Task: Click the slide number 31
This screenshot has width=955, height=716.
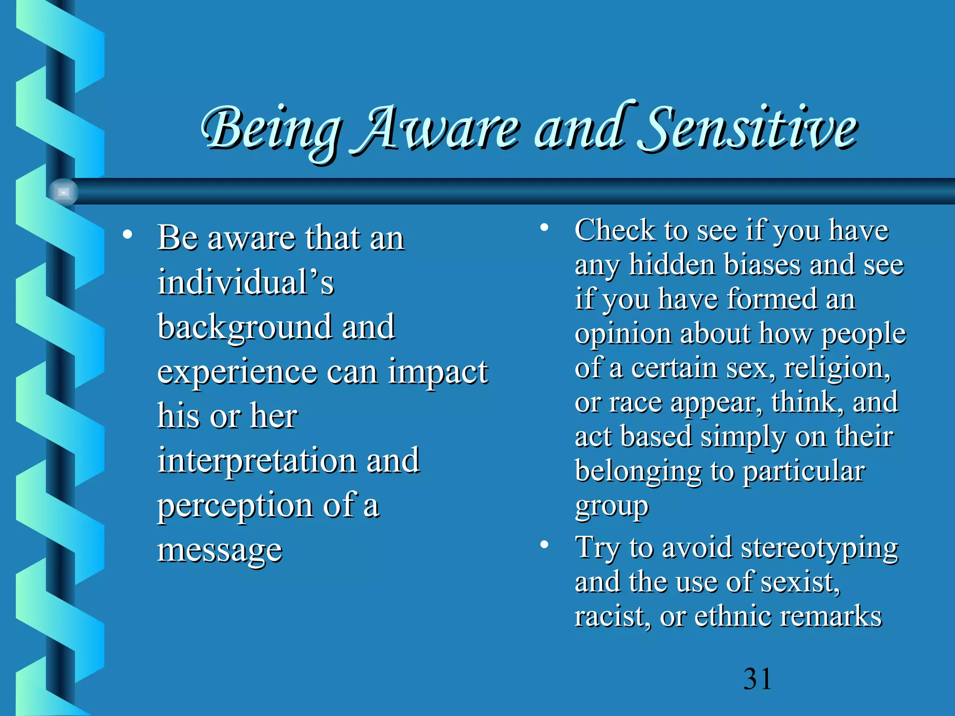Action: (x=757, y=679)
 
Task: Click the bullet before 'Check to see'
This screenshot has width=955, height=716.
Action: (x=544, y=227)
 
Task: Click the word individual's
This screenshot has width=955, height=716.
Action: (x=246, y=282)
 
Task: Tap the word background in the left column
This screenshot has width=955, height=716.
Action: (x=243, y=327)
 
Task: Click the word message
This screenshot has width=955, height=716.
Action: (x=220, y=551)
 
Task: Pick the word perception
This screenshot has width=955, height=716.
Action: (x=235, y=506)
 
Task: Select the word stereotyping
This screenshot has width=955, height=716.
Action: (x=819, y=548)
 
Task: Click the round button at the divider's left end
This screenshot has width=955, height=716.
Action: (x=63, y=192)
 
